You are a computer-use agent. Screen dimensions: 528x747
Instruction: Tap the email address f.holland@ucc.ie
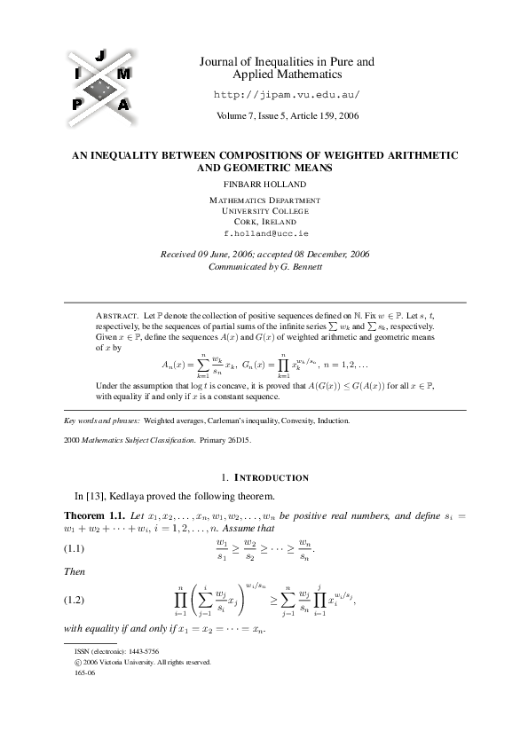(x=264, y=232)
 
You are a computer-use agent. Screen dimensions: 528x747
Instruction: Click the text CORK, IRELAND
(x=264, y=221)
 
